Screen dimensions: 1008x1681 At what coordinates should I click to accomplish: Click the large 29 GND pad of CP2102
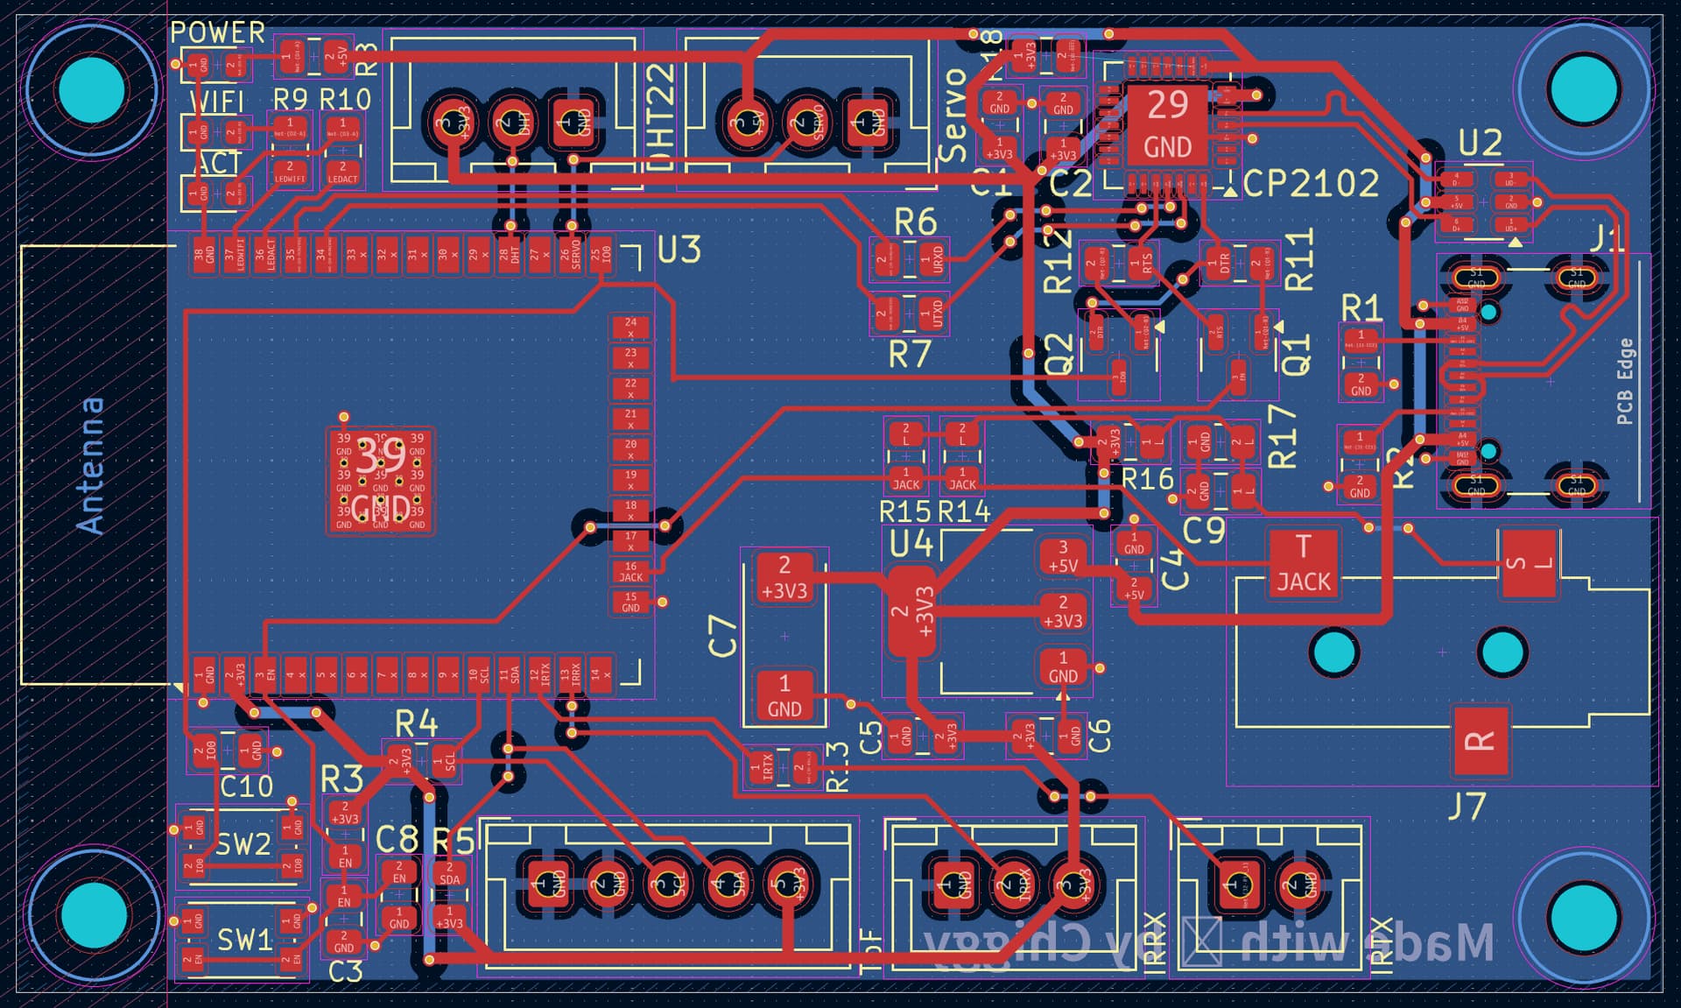coord(1167,125)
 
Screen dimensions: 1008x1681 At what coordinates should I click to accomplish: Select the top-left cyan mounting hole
coord(92,90)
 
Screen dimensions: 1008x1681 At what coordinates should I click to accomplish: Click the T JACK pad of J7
coord(1303,565)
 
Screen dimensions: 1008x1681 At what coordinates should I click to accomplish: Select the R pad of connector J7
coord(1481,741)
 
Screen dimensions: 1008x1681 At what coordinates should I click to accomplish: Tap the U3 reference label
coord(679,250)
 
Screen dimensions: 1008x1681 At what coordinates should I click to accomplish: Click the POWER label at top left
coord(217,32)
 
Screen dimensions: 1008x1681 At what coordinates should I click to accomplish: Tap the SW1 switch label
coord(244,941)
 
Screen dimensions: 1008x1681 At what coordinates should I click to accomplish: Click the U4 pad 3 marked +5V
coord(1063,557)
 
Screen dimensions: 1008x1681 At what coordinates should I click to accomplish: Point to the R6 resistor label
coord(916,222)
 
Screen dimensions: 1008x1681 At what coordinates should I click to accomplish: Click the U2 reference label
coord(1480,143)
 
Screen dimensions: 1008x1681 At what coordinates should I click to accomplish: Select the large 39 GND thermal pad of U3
coord(380,481)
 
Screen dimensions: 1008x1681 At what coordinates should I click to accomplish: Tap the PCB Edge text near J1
coord(1625,381)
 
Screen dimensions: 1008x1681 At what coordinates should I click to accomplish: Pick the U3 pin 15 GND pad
coord(630,603)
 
